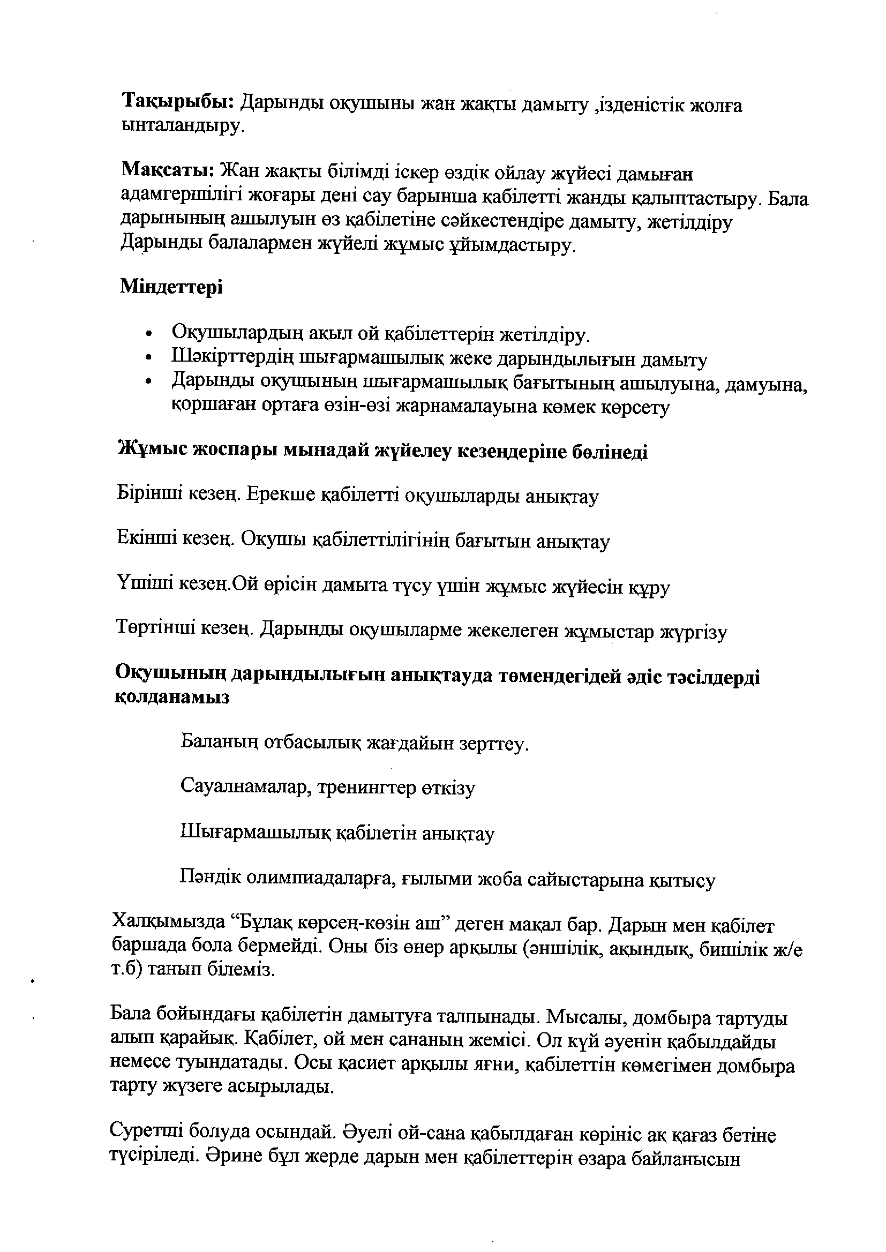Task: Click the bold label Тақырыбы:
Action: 178,101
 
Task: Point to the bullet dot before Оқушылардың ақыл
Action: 149,333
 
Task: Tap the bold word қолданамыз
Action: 171,698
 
